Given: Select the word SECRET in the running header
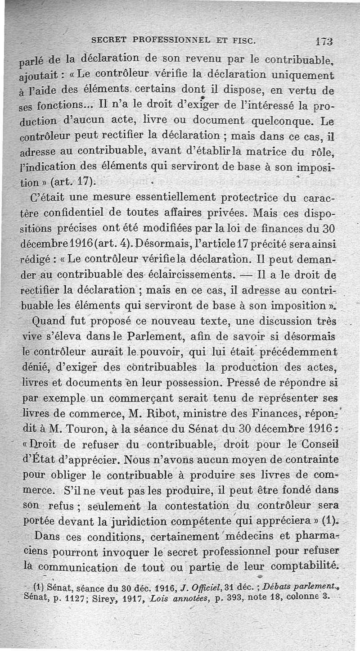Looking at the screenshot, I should pyautogui.click(x=108, y=40).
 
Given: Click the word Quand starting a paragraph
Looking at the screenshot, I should pyautogui.click(x=49, y=322).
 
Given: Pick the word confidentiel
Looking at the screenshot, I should pyautogui.click(x=92, y=212).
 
